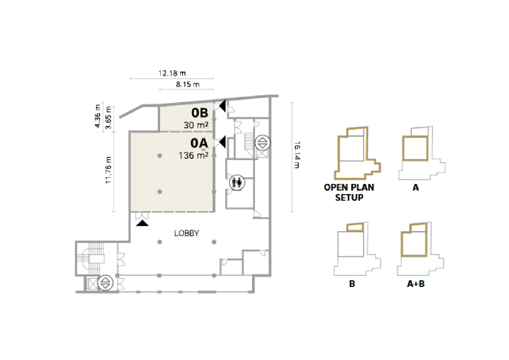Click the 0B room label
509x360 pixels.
pos(200,113)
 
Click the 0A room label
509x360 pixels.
pos(199,143)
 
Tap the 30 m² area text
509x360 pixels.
pos(196,125)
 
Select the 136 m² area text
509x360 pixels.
pos(193,155)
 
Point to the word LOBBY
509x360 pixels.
pos(186,233)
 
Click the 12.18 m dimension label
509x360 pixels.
pos(172,73)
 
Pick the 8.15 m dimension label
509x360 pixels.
pos(188,85)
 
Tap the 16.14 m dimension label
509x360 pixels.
pos(297,155)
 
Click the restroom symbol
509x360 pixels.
pos(237,182)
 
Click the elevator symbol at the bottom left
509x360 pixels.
pos(104,283)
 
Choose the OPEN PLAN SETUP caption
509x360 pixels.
pos(349,192)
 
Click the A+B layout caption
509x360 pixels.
pos(416,284)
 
